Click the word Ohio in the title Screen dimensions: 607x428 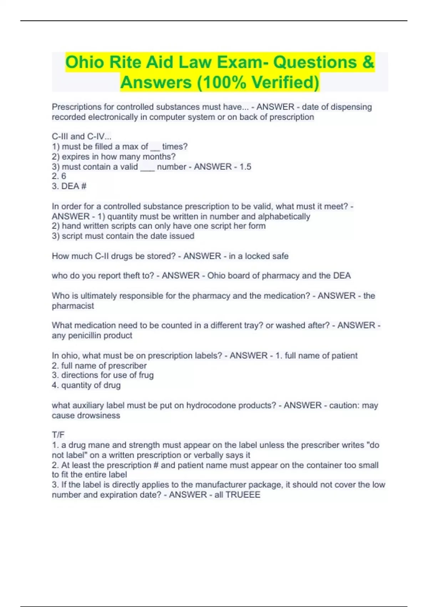click(x=85, y=62)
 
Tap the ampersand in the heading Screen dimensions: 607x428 click(x=368, y=62)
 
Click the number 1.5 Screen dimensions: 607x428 click(x=245, y=167)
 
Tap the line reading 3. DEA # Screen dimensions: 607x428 click(x=69, y=186)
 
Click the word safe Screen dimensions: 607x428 click(x=280, y=256)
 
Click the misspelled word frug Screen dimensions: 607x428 click(x=146, y=375)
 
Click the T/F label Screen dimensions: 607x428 click(x=58, y=435)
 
